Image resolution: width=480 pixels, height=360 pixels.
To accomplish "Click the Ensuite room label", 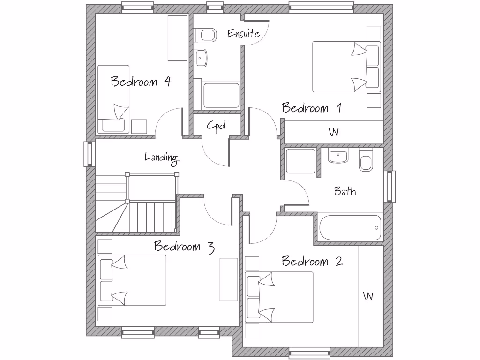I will point(243,33).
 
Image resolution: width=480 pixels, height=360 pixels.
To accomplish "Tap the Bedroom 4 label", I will point(141,82).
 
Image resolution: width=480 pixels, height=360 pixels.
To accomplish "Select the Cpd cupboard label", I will point(216,126).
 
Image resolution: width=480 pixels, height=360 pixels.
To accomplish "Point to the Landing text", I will point(162,157).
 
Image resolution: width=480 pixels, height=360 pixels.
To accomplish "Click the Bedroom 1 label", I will point(311,108).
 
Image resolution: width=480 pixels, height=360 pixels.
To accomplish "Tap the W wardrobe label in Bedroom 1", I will point(333,133).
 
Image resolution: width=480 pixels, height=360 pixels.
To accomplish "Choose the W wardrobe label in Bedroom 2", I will point(368,297).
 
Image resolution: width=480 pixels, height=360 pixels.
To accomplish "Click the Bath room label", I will point(345,191).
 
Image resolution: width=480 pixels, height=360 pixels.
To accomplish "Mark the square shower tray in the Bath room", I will point(300,162).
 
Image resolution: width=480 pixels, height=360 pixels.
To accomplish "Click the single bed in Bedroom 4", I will point(113,99).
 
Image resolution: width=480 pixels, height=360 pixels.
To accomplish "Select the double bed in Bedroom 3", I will point(132,280).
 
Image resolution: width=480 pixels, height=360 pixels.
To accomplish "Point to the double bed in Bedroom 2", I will point(279,297).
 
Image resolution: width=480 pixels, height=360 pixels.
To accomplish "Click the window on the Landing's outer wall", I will point(89,154).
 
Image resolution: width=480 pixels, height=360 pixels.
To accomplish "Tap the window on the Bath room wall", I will point(390,187).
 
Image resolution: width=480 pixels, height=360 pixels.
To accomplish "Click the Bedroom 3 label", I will point(184,247).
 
